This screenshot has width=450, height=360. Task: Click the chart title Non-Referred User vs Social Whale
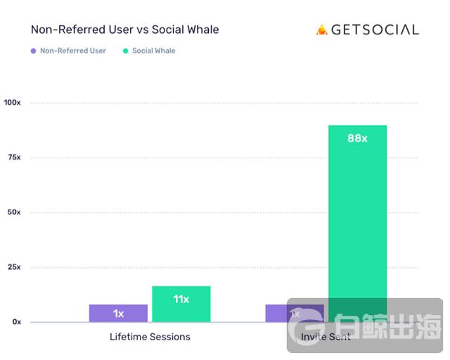124,30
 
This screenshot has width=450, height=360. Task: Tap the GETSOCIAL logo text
375,30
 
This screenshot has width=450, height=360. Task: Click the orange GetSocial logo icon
322,30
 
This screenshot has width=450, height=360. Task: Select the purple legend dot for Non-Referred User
33,51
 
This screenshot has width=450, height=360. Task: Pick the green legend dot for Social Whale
125,51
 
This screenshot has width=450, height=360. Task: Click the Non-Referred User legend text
73,51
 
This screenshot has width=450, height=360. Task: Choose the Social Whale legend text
154,51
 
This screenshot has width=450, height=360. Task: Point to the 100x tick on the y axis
13,103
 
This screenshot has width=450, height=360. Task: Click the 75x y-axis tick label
14,157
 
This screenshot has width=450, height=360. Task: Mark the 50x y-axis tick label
14,212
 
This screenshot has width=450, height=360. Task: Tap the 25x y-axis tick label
14,267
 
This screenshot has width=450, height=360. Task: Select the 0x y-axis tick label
16,322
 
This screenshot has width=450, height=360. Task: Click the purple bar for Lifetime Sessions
118,313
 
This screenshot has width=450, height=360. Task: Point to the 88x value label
357,139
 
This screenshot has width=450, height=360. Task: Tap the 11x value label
181,299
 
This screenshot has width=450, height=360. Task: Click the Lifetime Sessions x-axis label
150,337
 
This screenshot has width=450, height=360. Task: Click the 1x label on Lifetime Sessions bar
118,314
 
